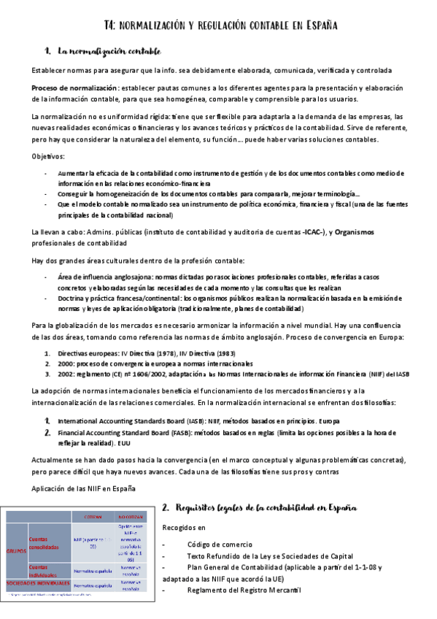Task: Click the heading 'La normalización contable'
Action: coord(109,51)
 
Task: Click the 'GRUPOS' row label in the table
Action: coord(16,550)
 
